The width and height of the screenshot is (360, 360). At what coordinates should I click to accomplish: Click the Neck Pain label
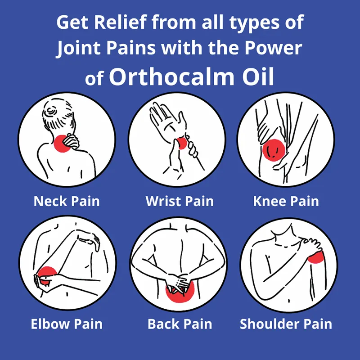tap(67, 201)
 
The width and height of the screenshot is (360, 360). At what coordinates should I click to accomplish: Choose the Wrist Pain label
tap(180, 201)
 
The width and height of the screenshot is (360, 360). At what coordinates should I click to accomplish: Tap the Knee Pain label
tap(286, 201)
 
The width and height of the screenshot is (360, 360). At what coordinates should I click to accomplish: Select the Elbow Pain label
tap(67, 324)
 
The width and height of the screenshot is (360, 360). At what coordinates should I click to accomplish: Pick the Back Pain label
tap(180, 324)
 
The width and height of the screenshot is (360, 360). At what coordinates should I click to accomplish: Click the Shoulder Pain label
tap(286, 324)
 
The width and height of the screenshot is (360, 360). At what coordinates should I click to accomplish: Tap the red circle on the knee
tap(274, 150)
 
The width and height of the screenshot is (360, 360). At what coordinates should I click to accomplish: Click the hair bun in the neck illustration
tap(52, 110)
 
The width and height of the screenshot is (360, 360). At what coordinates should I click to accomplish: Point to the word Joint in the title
tap(79, 48)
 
